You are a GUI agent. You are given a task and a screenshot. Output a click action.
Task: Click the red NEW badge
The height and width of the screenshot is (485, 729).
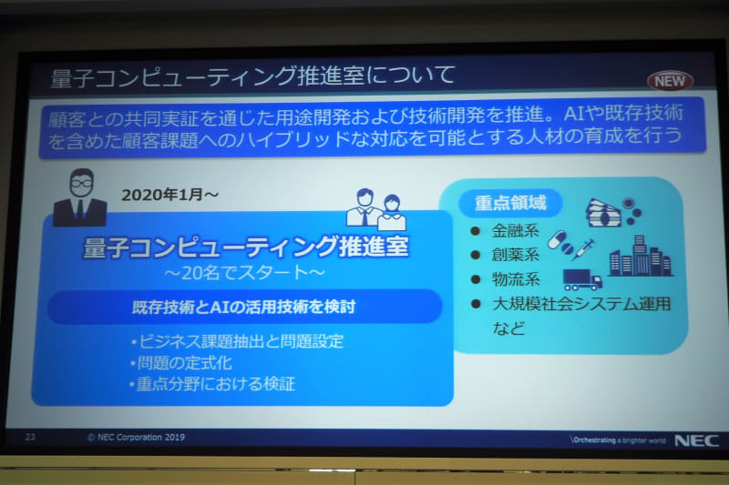670,81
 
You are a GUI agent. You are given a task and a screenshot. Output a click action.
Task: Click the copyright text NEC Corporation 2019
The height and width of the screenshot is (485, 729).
137,438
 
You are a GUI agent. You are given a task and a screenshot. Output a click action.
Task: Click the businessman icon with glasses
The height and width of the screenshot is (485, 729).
80,197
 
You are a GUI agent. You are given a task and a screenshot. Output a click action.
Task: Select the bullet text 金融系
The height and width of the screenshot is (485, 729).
516,230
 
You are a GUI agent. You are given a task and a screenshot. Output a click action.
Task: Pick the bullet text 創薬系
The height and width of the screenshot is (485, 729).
516,255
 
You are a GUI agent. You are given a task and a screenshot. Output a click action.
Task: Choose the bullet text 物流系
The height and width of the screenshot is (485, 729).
516,279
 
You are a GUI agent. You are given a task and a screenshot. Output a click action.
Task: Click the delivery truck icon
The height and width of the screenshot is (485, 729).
582,278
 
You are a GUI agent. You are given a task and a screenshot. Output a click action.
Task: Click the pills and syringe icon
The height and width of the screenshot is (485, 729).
570,246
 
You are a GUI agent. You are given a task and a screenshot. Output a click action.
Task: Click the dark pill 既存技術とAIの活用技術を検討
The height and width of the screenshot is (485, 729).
243,307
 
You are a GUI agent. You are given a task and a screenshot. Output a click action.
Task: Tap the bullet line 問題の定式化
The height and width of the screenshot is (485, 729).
183,363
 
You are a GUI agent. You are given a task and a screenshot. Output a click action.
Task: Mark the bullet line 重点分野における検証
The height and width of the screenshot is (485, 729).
211,383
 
